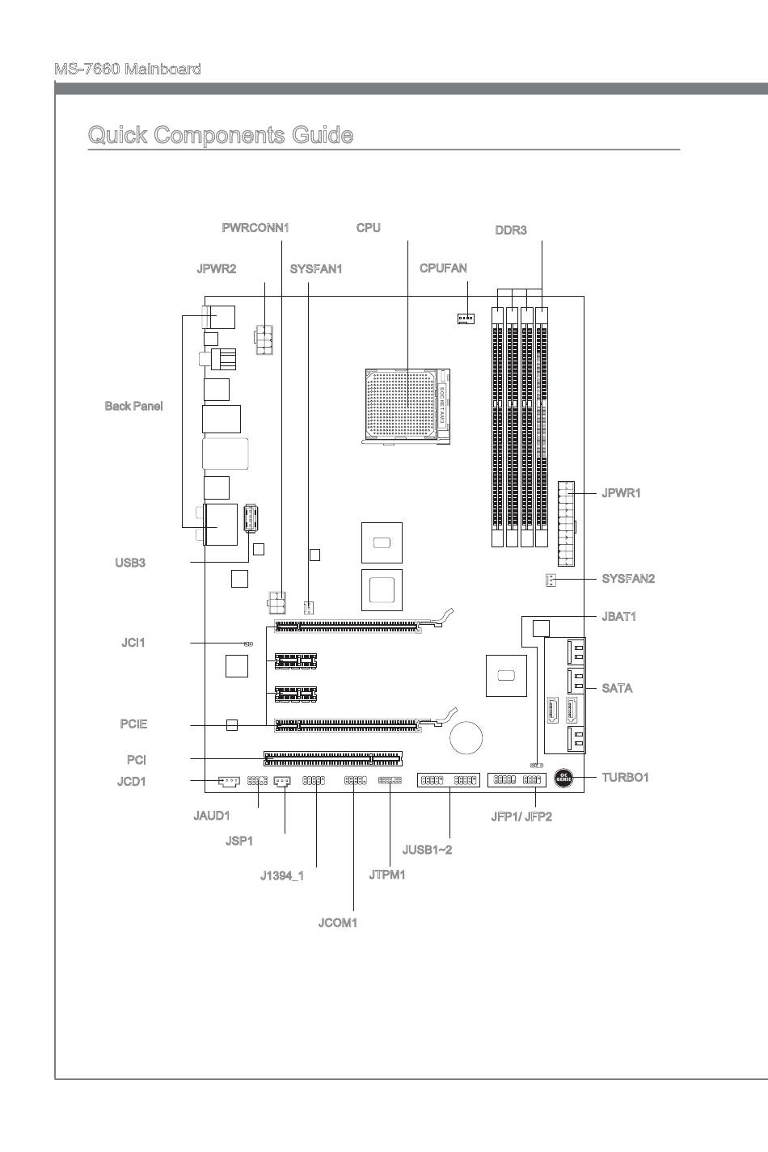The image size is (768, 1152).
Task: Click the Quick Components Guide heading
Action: [220, 135]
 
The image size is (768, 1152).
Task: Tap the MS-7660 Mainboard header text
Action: [128, 70]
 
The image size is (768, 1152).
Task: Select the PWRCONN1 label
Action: [255, 228]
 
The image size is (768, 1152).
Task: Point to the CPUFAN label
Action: [443, 268]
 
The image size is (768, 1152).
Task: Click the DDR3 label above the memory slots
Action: [511, 230]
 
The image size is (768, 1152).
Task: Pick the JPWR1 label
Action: [621, 493]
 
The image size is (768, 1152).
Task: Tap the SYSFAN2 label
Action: [628, 579]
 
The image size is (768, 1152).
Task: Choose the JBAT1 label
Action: [618, 617]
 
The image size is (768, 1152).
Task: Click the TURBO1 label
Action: [625, 778]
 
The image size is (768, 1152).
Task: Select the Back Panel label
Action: [133, 406]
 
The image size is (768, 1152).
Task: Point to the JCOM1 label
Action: [338, 922]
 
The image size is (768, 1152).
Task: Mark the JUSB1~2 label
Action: [427, 850]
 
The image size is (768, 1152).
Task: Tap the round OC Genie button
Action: [565, 779]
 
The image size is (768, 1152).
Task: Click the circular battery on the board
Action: [466, 736]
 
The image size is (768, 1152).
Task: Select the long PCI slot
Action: [332, 758]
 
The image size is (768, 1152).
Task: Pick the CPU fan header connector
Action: [465, 318]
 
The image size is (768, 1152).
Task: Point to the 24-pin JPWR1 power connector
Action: [566, 524]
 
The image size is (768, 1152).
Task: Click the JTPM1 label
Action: [387, 875]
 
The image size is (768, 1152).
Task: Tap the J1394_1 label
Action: [282, 876]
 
